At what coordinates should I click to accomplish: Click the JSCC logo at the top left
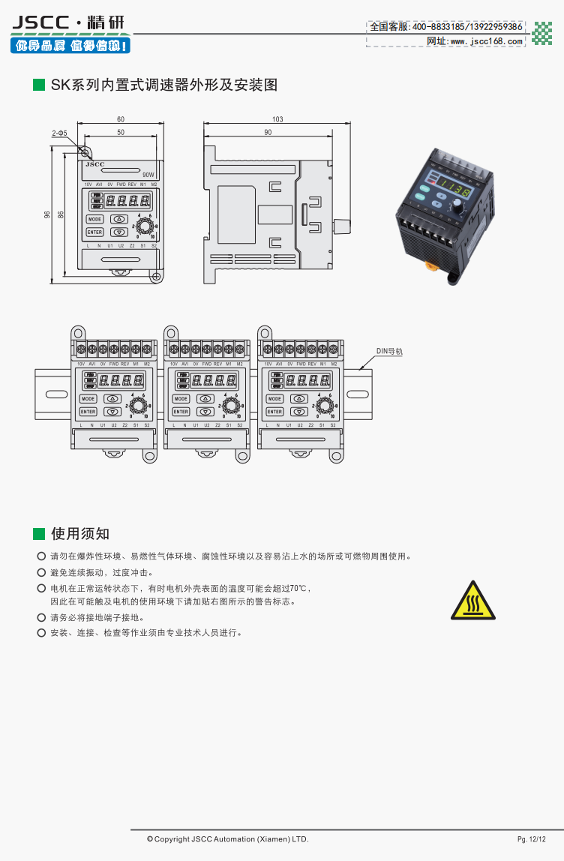click(68, 23)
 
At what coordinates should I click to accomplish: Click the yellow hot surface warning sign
click(472, 601)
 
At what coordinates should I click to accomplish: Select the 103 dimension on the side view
click(277, 120)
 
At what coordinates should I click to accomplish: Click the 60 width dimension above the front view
click(121, 120)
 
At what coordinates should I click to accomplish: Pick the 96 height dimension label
click(47, 214)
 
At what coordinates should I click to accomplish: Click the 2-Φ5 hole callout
click(60, 133)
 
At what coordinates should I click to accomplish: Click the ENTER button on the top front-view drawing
click(94, 232)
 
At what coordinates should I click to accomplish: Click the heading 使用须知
click(80, 534)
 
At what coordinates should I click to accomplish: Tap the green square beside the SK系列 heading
click(39, 85)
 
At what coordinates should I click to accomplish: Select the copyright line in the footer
click(227, 838)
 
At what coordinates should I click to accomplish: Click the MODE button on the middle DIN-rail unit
click(181, 399)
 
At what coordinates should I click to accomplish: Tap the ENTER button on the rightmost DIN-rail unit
click(274, 412)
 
